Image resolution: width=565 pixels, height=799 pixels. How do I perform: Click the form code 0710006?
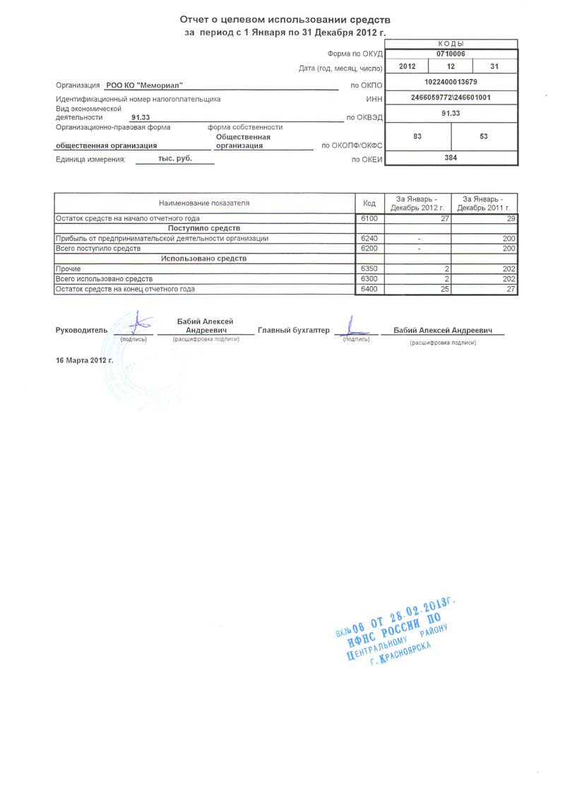(451, 54)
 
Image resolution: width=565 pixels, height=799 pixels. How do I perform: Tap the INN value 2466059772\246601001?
(451, 97)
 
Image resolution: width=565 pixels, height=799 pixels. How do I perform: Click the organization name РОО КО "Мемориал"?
(144, 85)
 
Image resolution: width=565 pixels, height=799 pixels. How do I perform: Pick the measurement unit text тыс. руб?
(165, 159)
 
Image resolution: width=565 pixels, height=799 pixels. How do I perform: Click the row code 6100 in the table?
(369, 219)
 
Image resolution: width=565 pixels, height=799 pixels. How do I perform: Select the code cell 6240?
(369, 239)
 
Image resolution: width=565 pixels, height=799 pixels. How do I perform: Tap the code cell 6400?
(369, 289)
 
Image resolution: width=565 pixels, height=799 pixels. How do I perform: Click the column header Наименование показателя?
(204, 203)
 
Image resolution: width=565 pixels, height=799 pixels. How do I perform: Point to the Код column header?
(369, 203)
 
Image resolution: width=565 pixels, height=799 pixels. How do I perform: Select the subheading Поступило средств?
(204, 229)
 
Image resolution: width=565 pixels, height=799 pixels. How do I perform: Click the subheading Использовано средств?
(204, 259)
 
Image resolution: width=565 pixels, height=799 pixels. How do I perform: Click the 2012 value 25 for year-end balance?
(444, 289)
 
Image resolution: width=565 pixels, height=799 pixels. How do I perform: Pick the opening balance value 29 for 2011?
(511, 219)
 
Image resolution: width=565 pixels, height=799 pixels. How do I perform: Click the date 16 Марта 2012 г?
(85, 360)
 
